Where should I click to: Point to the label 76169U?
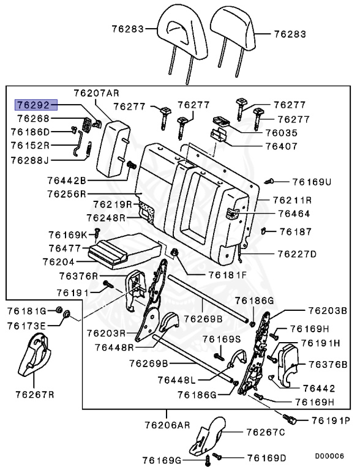coord(311,182)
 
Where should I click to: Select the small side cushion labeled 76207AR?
coord(114,144)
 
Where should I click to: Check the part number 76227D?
coord(297,253)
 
